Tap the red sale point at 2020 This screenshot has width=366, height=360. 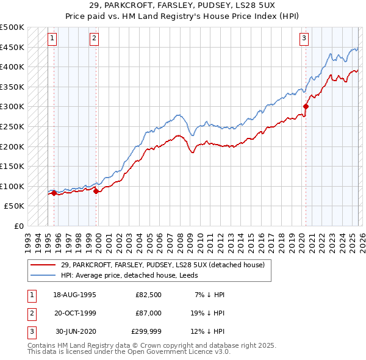(306, 107)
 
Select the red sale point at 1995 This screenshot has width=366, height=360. (54, 193)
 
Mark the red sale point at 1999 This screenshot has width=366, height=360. (96, 192)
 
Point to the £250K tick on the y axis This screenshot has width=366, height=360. (13, 126)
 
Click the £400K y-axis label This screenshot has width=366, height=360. (13, 67)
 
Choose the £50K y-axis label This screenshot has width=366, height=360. (15, 206)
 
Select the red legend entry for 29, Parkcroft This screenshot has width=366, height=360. (162, 265)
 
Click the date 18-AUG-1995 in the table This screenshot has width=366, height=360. (76, 295)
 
